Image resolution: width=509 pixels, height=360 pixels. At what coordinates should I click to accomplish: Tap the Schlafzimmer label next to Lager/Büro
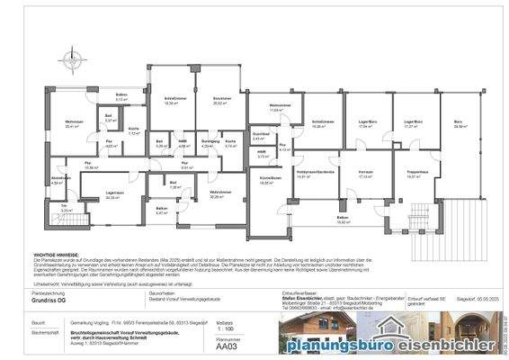tap(323, 122)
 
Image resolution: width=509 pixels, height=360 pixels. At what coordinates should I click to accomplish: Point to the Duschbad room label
tap(259, 135)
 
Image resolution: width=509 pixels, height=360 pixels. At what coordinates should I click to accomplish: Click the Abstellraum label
tap(60, 178)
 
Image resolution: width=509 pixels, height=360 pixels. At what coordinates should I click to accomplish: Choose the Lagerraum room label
tap(113, 193)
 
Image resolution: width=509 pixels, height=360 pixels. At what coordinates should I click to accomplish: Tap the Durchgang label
tap(210, 142)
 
